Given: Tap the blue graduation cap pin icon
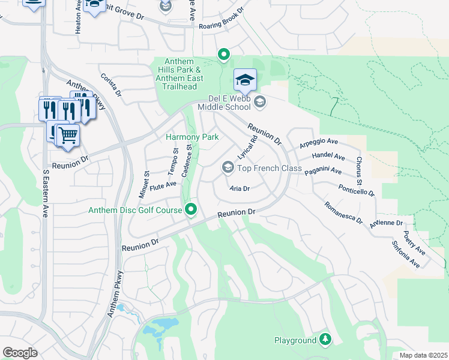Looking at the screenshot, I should click(x=245, y=80).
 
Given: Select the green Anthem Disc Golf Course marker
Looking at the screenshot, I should click(x=191, y=209).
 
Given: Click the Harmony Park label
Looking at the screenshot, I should click(x=192, y=137).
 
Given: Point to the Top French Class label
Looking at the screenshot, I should click(x=269, y=168).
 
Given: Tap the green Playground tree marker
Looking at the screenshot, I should click(x=325, y=340).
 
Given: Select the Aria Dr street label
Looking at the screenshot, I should click(x=239, y=188).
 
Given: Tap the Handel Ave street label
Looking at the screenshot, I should click(x=328, y=157).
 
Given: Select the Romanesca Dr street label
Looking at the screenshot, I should click(x=343, y=212).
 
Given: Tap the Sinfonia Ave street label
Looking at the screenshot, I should click(x=411, y=254).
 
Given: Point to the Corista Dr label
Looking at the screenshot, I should click(x=111, y=86).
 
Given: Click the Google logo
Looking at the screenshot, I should click(x=20, y=353).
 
